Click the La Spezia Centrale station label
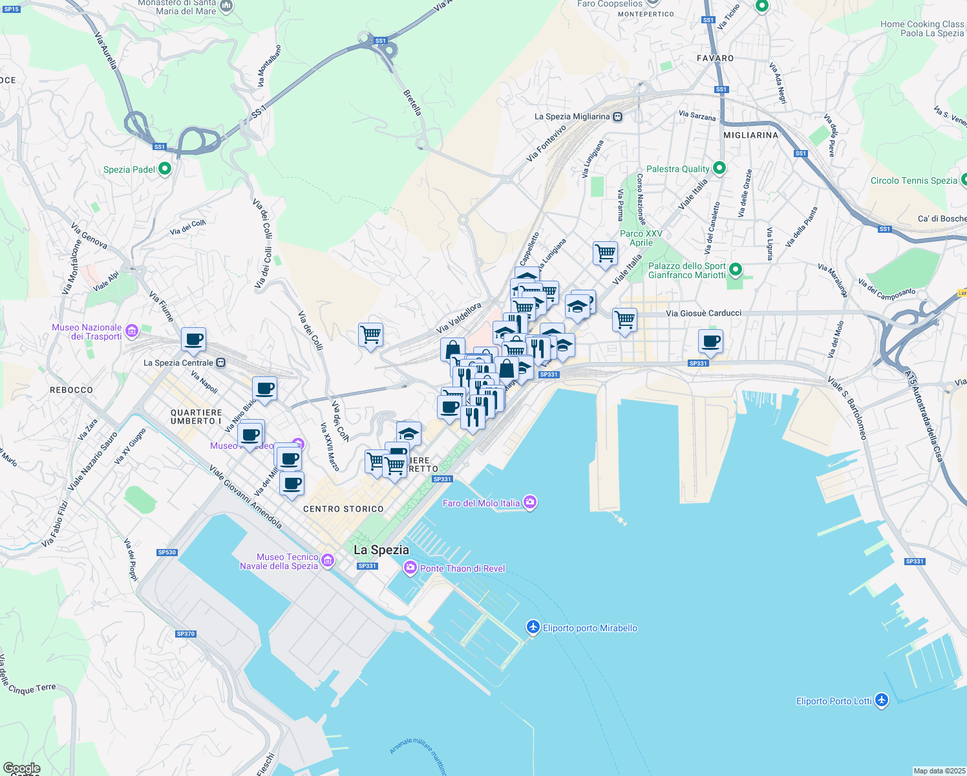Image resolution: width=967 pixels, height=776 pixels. point(178,363)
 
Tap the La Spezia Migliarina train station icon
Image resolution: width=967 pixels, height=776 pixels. point(618,117)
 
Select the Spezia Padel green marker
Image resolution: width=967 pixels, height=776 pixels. point(165,169)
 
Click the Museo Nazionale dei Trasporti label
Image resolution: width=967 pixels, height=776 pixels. point(87,332)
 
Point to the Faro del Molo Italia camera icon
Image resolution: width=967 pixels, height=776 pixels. point(530,502)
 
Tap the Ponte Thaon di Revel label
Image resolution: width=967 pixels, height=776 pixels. point(462,568)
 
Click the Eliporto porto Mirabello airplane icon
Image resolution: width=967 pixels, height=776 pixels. point(533,627)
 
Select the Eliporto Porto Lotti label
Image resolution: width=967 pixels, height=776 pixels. point(834,701)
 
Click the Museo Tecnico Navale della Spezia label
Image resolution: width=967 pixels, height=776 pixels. point(279,561)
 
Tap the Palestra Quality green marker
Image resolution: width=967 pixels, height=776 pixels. point(719,169)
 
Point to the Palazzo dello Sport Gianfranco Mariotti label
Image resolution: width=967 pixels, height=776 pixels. point(687,270)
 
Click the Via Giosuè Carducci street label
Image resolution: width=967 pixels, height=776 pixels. point(703,313)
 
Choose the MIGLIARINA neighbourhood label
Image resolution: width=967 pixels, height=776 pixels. point(750,135)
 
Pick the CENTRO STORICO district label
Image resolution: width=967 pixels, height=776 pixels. point(343,509)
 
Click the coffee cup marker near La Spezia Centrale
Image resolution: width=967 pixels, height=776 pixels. point(193,339)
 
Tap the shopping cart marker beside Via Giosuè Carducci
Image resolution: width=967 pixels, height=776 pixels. point(624,319)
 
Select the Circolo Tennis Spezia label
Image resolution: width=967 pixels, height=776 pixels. point(913,180)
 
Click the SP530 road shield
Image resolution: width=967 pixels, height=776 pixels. point(167,552)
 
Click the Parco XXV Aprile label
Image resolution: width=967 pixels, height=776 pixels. point(641,238)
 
